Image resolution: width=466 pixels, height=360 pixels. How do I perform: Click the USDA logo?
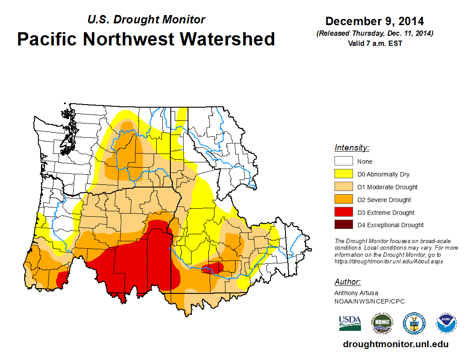pos(350,323)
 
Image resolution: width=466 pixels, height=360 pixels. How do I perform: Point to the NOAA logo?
pos(446,323)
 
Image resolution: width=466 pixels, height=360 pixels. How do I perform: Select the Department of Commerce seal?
pos(414,323)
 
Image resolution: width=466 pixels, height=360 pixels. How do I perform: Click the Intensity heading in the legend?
pos(352,148)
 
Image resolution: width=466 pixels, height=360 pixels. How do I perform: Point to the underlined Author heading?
pos(348,282)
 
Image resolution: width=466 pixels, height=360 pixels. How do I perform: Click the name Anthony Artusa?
pos(356,293)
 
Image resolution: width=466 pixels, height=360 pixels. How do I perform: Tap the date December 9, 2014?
pos(375,21)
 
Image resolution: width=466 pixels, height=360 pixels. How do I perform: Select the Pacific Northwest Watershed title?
pos(146,39)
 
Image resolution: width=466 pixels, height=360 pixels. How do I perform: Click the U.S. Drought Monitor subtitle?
pos(146,19)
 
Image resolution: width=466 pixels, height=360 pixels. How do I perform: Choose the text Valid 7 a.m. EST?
pos(375,43)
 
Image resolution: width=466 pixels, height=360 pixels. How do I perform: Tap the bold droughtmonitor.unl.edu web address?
pos(396,345)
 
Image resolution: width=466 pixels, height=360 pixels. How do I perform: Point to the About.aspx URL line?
pos(388,261)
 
